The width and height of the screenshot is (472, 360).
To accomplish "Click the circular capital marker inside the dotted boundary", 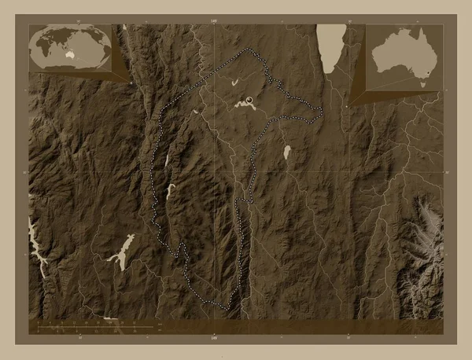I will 249,100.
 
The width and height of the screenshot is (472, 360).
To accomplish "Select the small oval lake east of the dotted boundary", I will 287,151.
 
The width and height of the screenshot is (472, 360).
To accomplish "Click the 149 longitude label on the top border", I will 214,20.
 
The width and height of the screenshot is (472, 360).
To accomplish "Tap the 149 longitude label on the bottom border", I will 214,338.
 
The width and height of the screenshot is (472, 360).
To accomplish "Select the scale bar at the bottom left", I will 94,324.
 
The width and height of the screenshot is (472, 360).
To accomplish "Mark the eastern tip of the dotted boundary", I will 323,109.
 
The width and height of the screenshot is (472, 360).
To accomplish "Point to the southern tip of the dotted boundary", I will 230,312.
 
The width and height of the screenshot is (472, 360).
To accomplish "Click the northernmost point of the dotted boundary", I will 250,49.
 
